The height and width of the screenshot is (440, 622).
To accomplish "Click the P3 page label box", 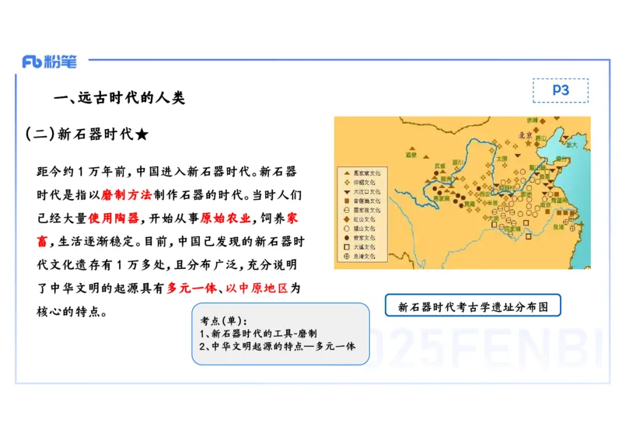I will [560, 91].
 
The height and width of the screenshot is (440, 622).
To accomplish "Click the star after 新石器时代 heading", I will [142, 134].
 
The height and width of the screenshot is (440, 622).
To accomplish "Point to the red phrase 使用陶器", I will [114, 218].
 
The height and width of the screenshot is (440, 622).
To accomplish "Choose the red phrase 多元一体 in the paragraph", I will [191, 288].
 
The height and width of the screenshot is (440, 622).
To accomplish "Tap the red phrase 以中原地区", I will [257, 288].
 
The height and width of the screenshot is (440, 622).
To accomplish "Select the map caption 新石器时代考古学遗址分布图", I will [473, 306].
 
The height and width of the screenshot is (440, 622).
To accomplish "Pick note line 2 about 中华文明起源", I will [277, 346].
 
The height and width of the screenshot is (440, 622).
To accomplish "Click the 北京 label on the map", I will [526, 135].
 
